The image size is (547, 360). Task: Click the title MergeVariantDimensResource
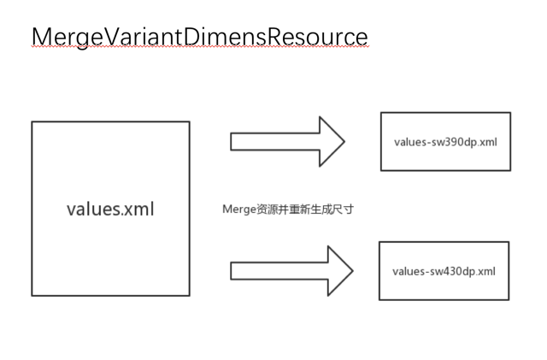(199, 38)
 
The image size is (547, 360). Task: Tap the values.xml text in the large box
(110, 209)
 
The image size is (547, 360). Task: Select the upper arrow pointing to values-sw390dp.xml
(286, 141)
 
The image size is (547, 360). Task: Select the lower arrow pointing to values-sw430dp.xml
(291, 271)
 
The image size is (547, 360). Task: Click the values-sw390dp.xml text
(445, 142)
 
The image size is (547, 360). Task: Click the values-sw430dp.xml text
(444, 271)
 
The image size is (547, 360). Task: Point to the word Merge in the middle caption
(238, 209)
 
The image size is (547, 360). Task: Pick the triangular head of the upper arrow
(330, 141)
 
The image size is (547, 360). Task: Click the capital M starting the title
(42, 38)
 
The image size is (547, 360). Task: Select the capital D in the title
(195, 38)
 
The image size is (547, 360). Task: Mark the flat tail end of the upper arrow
(233, 141)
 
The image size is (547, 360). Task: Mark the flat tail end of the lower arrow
(233, 271)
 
